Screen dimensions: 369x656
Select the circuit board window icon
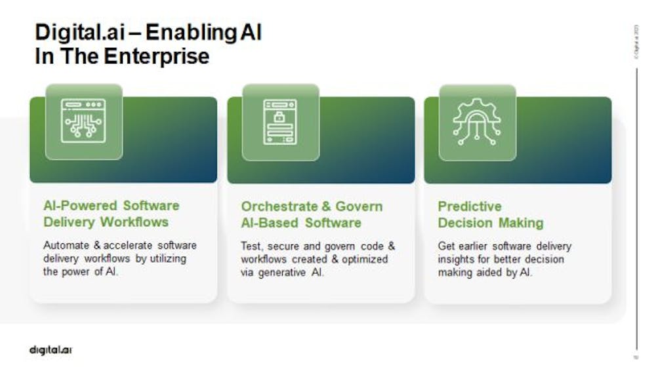pos(83,121)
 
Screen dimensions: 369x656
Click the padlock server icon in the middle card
pos(280,122)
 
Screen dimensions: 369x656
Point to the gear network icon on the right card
pos(477,122)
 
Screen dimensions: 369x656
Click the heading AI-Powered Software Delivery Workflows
pos(111,214)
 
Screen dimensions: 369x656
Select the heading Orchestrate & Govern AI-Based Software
pos(312,214)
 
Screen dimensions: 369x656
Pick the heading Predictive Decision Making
pos(490,214)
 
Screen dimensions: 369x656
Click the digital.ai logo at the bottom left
pos(51,349)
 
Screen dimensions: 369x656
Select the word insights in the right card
pos(457,260)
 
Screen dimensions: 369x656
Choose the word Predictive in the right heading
pos(470,206)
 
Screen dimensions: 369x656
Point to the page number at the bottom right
pos(635,357)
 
